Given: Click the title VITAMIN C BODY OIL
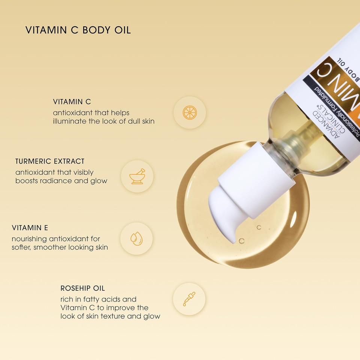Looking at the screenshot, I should (x=78, y=30).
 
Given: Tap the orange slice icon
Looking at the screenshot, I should (x=189, y=112).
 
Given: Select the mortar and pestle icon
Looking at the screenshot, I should (x=137, y=176).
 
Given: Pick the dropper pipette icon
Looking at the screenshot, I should (x=189, y=299).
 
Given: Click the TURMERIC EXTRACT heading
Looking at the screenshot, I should (x=50, y=161).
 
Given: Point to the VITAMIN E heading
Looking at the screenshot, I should (x=30, y=228).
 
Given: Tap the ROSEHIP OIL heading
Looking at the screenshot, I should (x=82, y=288).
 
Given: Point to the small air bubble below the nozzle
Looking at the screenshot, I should (x=241, y=241).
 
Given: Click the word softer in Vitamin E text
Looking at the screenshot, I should (x=22, y=247).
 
